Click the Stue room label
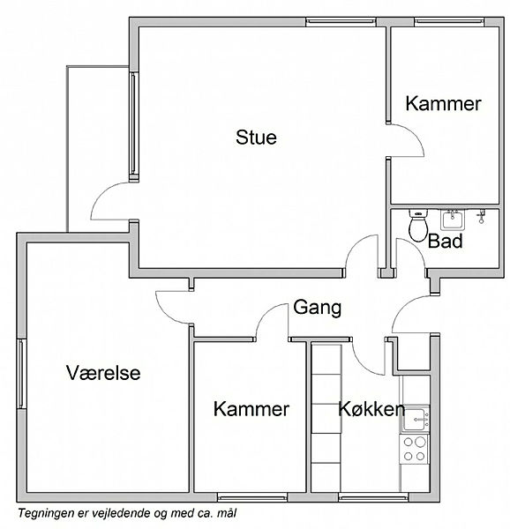pyautogui.click(x=256, y=137)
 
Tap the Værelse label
pyautogui.click(x=103, y=373)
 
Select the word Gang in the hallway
pyautogui.click(x=318, y=308)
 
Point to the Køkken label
pyautogui.click(x=371, y=409)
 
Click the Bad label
pyautogui.click(x=446, y=242)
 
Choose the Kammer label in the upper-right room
pyautogui.click(x=443, y=103)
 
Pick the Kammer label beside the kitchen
pyautogui.click(x=251, y=409)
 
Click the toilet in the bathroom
pyautogui.click(x=418, y=225)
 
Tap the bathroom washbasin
pyautogui.click(x=453, y=220)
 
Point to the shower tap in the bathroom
pyautogui.click(x=481, y=216)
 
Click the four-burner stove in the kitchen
pyautogui.click(x=414, y=449)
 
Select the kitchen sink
pyautogui.click(x=416, y=419)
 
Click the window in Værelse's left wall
pyautogui.click(x=21, y=374)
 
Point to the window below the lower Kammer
pyautogui.click(x=251, y=497)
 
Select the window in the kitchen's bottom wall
pyautogui.click(x=373, y=497)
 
